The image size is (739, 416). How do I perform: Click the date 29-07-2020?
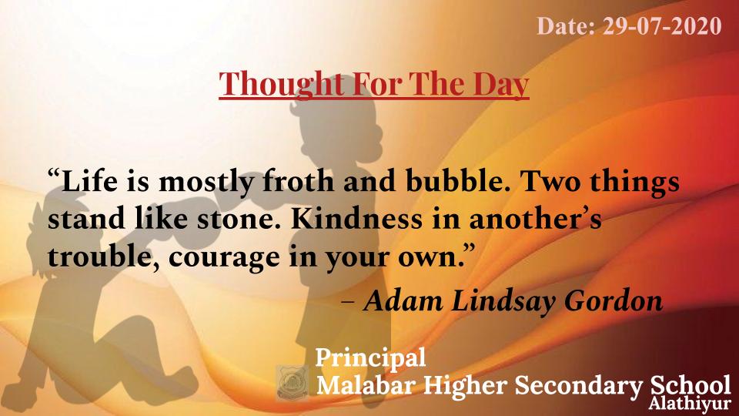tap(662, 26)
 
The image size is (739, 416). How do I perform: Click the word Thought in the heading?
tap(281, 84)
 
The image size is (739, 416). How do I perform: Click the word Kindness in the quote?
tap(356, 219)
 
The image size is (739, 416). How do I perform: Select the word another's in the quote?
tap(535, 219)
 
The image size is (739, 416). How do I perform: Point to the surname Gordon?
tap(614, 301)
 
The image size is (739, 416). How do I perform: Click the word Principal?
tap(370, 358)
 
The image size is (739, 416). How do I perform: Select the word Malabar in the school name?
tap(366, 385)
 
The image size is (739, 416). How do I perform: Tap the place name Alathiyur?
tap(689, 404)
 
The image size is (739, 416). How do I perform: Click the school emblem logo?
tap(293, 383)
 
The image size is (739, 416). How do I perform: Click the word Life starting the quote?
tap(89, 181)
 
